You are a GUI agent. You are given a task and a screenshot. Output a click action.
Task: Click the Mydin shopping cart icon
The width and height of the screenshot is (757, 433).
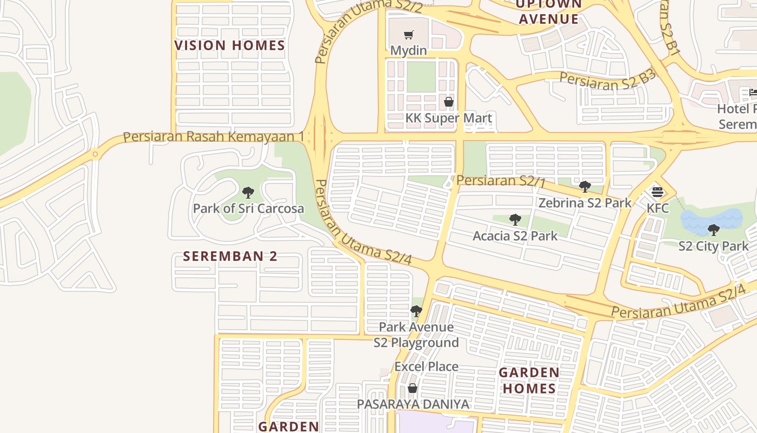point(409,35)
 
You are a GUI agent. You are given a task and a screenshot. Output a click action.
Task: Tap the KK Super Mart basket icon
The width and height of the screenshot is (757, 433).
point(448,102)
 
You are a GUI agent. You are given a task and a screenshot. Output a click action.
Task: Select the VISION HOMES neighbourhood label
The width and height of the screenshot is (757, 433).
point(229,45)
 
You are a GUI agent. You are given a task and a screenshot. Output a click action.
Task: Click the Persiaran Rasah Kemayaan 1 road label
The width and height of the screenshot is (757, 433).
point(213,136)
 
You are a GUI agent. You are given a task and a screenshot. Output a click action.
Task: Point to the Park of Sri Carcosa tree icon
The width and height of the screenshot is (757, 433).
point(248,193)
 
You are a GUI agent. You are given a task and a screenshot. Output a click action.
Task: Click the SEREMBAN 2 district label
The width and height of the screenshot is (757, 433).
point(230,256)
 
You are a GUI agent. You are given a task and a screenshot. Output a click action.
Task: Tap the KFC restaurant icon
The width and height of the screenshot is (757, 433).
point(658,192)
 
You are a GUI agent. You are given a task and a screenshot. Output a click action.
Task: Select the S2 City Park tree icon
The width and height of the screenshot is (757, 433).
point(714,230)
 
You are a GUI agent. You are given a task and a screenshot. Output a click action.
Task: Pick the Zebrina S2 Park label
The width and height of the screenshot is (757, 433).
point(585,203)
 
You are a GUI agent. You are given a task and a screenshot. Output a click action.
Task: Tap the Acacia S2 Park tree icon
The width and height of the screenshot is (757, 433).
point(515,220)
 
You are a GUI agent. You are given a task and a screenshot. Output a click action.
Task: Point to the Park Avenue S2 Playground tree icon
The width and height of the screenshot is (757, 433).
point(416,311)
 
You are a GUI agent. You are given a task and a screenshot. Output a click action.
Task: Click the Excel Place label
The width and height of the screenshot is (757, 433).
point(426,366)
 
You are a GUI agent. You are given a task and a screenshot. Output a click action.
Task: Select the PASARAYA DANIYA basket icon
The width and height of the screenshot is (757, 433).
point(413,388)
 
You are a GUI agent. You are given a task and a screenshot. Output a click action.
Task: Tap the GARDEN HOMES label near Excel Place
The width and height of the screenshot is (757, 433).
point(528,380)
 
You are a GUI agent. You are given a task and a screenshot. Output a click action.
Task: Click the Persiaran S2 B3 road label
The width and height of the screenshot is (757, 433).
point(607,80)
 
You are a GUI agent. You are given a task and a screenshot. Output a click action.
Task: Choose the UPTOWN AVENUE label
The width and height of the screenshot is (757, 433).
point(548,12)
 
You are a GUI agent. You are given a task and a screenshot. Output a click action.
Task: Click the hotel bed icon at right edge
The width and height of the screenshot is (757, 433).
point(753,93)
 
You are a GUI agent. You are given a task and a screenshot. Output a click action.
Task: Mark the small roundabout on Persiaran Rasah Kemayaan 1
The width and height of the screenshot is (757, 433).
point(95,154)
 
